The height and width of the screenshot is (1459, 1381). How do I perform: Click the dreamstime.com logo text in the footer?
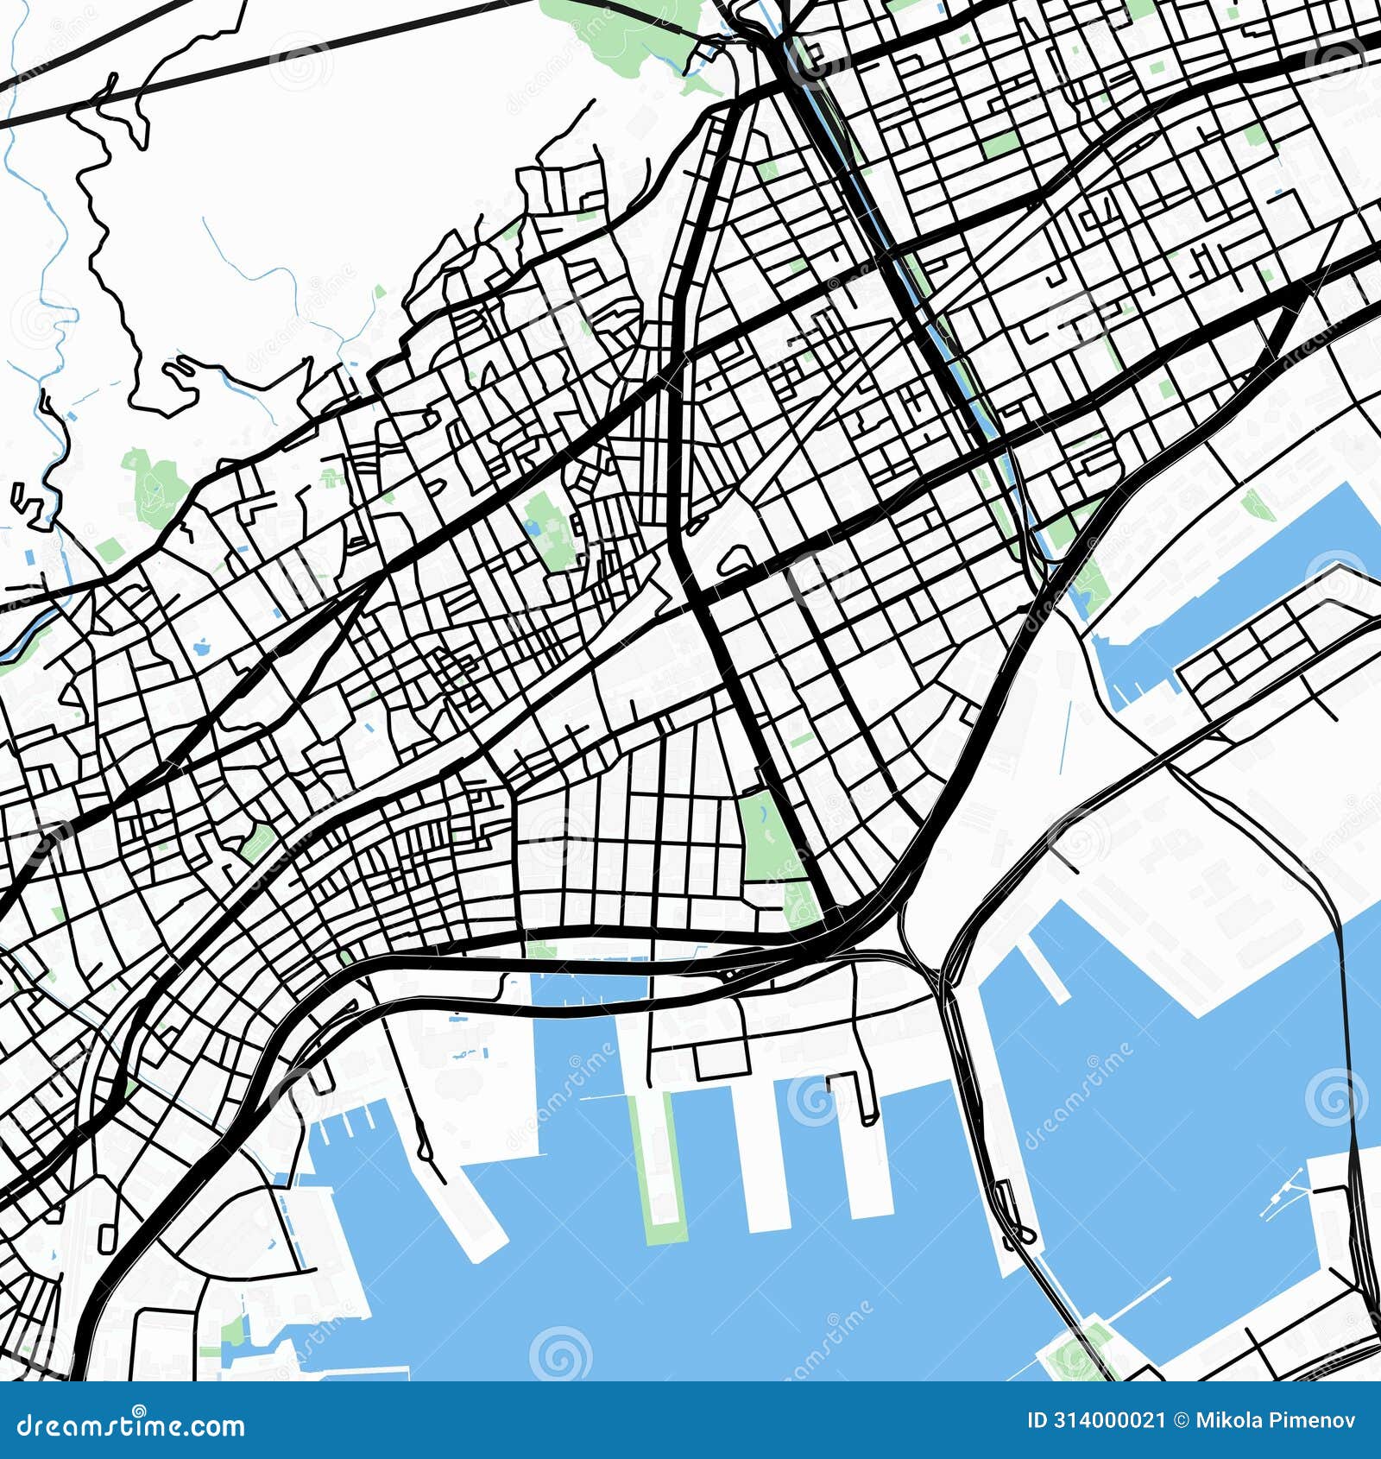131,1425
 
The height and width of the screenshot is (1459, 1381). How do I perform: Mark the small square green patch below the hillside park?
110,549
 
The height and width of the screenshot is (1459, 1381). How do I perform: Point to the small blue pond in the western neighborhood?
205,646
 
